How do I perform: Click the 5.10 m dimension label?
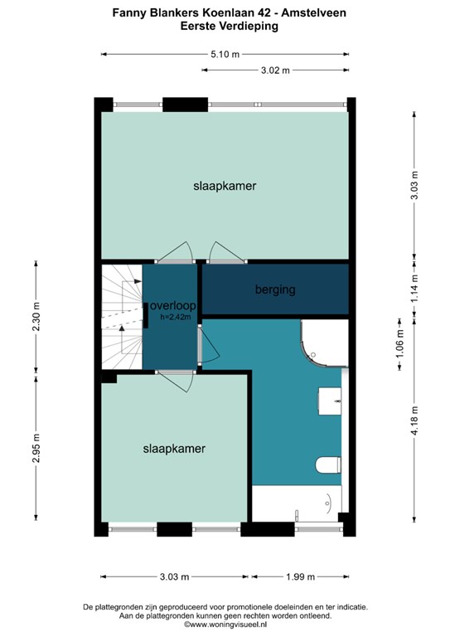click(x=225, y=54)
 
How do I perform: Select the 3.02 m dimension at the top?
click(x=275, y=71)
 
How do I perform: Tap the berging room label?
click(x=275, y=289)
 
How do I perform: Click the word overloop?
click(x=173, y=305)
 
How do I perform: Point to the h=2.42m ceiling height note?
click(x=176, y=317)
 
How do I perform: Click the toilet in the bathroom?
click(x=328, y=464)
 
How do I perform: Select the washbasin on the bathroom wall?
click(x=330, y=401)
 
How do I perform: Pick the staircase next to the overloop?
click(x=121, y=317)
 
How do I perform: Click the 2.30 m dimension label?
click(x=36, y=317)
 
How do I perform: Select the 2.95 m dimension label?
click(x=36, y=448)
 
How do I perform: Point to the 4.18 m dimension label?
click(x=414, y=421)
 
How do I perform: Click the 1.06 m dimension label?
click(x=399, y=344)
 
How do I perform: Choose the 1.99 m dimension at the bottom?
click(x=300, y=577)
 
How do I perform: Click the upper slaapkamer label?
click(x=225, y=186)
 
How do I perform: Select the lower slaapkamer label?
click(x=174, y=449)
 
